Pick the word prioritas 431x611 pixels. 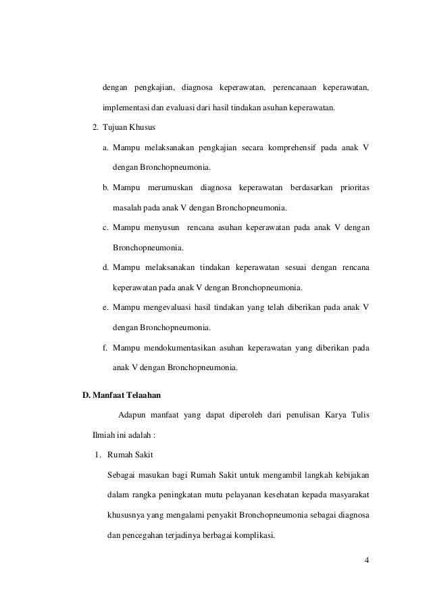351,185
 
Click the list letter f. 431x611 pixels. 105,348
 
